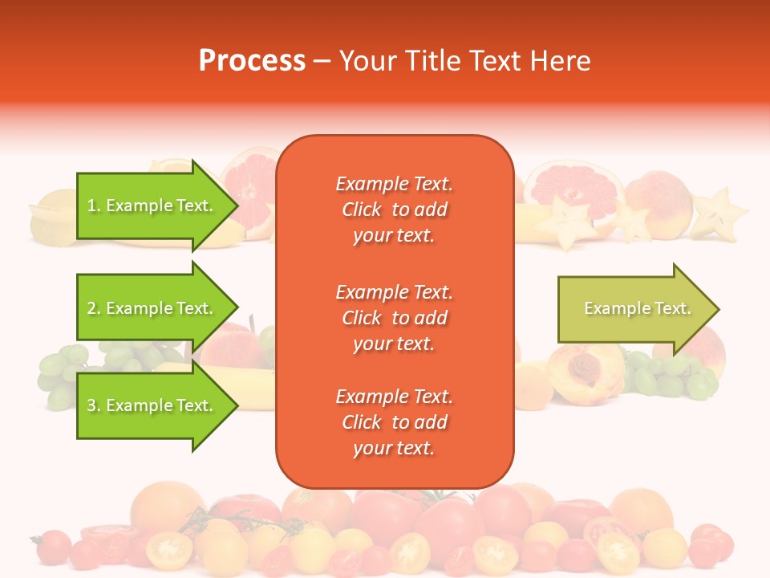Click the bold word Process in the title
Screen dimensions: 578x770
tap(252, 61)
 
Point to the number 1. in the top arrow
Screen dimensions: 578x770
tap(94, 206)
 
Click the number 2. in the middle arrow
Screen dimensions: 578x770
tap(94, 308)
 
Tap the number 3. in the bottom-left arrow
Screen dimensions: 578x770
tap(94, 405)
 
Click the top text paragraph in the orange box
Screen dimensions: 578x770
tap(394, 210)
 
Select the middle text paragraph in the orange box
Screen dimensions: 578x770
tap(394, 318)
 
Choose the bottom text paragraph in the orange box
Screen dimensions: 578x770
tap(394, 422)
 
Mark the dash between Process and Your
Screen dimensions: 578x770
tap(322, 62)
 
